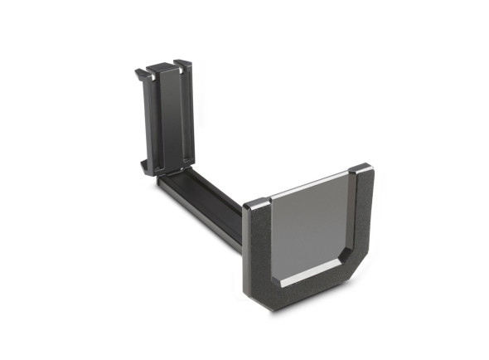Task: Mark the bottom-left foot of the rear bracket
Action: pos(146,168)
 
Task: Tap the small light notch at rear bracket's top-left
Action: pos(152,75)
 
